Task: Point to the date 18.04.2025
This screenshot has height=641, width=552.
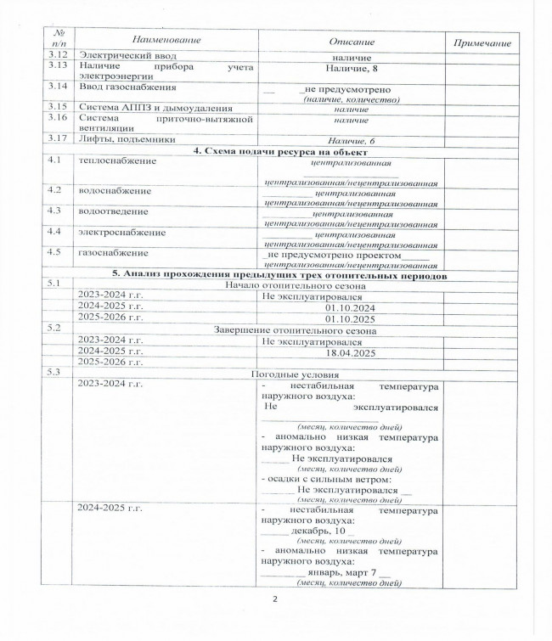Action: [349, 351]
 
